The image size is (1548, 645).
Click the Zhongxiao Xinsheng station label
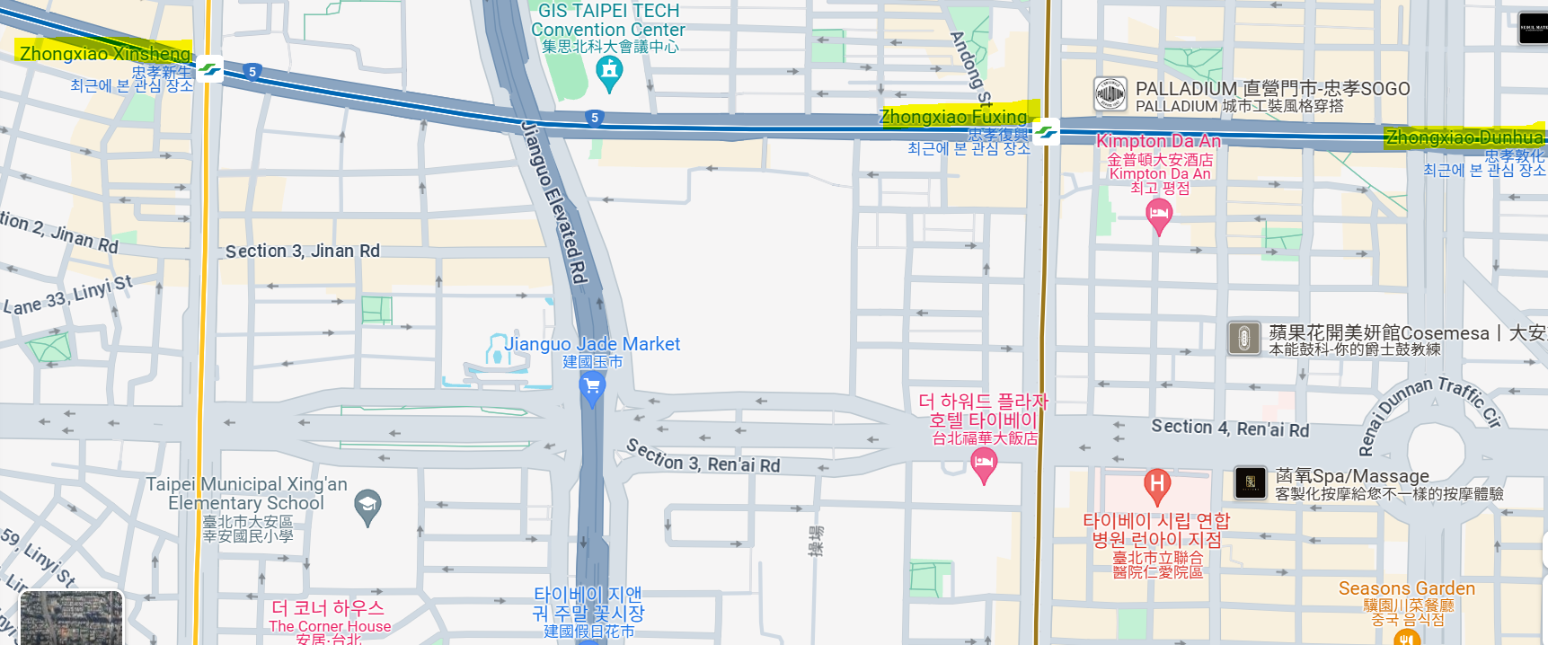(x=105, y=54)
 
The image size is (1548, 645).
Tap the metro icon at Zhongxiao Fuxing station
(x=1045, y=132)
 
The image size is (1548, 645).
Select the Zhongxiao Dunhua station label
(x=1464, y=137)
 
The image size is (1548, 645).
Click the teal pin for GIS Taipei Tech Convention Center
(x=609, y=73)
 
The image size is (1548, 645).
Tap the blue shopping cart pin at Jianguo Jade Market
(x=591, y=388)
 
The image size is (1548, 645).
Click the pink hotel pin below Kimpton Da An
(x=1159, y=215)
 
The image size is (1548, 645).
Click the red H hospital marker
(x=1156, y=486)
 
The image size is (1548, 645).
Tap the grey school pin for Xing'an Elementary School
(x=367, y=506)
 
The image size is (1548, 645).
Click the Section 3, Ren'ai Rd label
(x=703, y=456)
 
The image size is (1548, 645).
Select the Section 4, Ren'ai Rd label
(x=1230, y=429)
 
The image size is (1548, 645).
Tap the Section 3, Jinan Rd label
(x=303, y=251)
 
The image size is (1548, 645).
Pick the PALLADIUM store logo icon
(x=1110, y=94)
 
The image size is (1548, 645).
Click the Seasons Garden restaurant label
(x=1406, y=588)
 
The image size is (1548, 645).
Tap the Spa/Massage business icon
(x=1250, y=482)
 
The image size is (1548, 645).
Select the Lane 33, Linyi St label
(x=68, y=296)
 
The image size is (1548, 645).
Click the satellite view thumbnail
(x=71, y=618)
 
